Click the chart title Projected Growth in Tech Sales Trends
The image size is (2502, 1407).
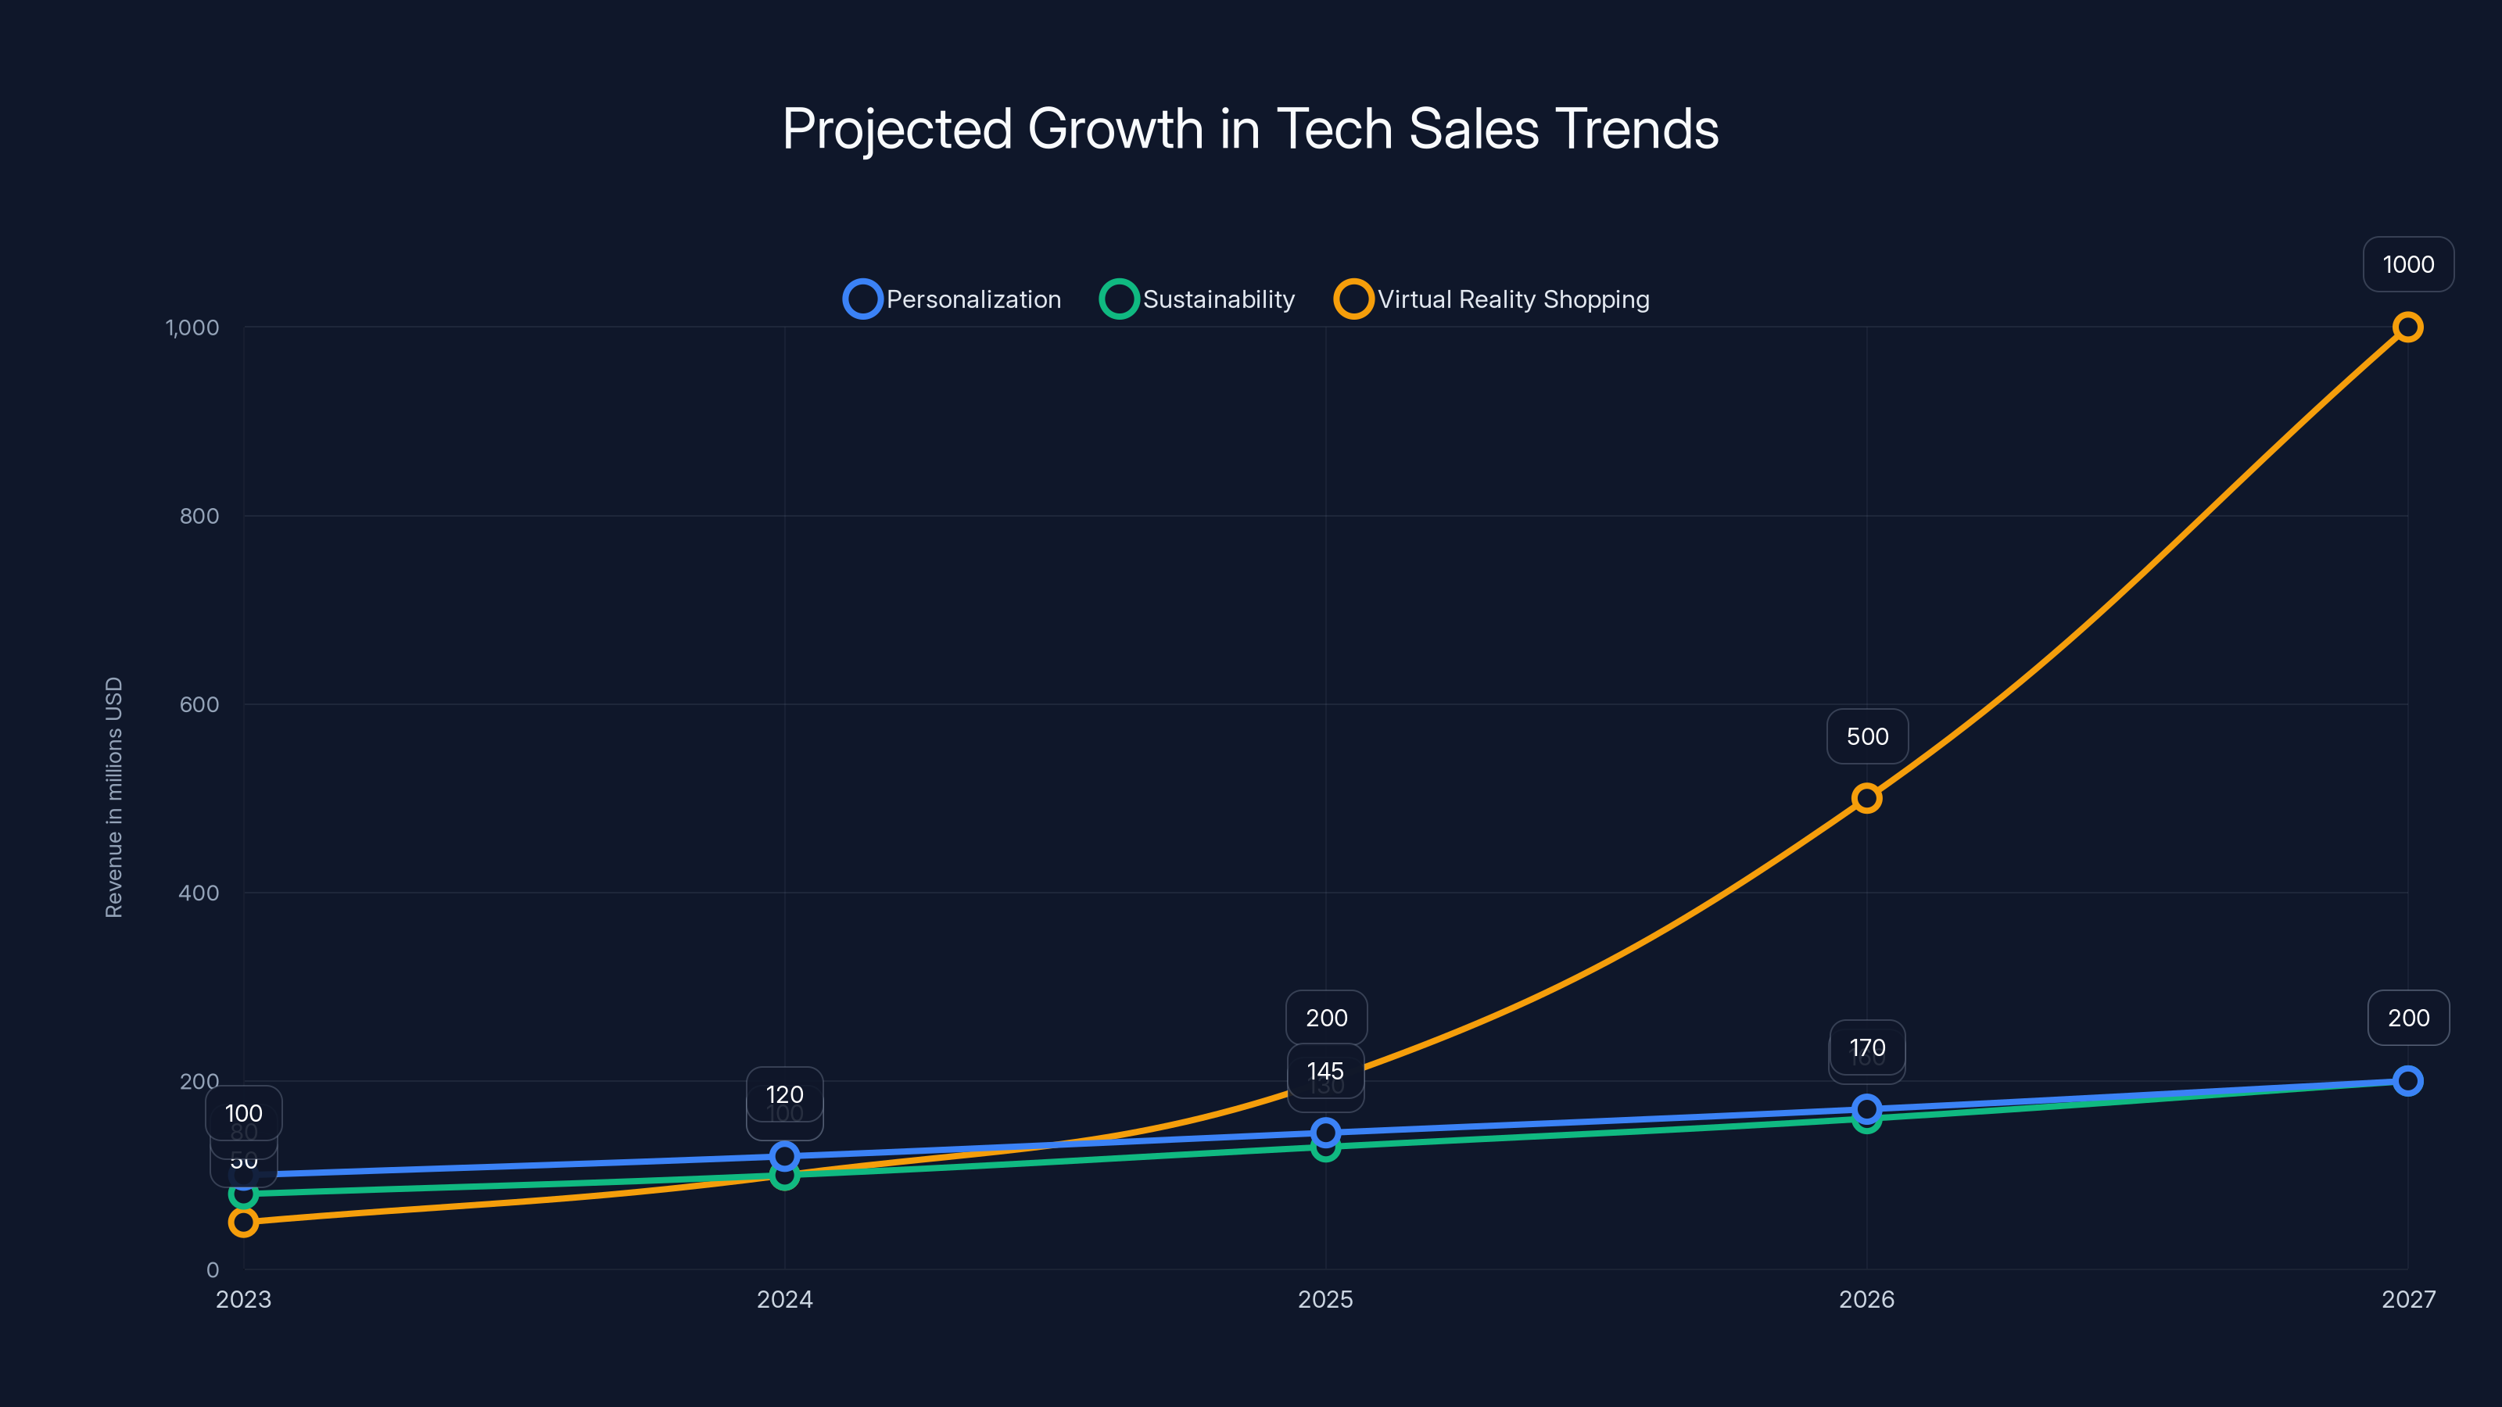point(1250,129)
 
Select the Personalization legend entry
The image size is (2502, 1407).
point(953,299)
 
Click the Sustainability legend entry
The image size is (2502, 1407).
point(1198,299)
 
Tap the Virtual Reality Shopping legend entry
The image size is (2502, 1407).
point(1492,299)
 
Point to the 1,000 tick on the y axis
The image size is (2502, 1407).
point(192,328)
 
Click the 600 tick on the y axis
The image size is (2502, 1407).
point(199,704)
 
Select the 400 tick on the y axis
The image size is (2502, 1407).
point(199,893)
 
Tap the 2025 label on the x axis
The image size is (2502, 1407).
point(1324,1299)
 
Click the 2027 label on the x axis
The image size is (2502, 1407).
point(2408,1299)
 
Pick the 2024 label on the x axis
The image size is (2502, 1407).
point(783,1299)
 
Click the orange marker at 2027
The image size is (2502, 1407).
point(2407,328)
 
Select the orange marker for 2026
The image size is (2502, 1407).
point(1866,798)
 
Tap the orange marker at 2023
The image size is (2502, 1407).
point(244,1223)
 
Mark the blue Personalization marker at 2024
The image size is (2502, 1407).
point(783,1157)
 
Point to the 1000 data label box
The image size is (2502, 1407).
point(2408,264)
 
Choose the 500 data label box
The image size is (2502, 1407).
point(1867,736)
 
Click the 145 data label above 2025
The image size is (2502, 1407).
point(1324,1071)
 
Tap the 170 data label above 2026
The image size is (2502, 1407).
point(1867,1047)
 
